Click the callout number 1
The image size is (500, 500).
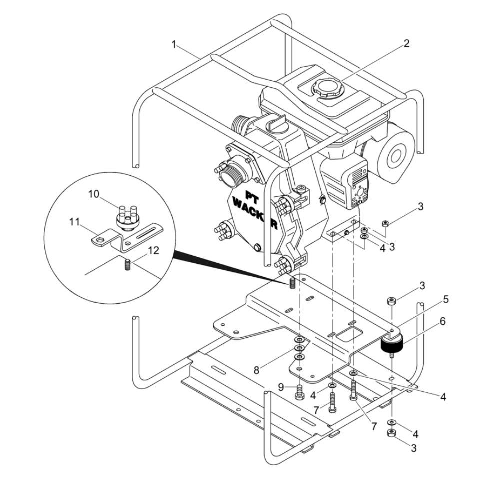tap(174, 45)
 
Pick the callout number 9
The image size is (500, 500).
tap(281, 386)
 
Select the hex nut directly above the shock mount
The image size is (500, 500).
tap(392, 301)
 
